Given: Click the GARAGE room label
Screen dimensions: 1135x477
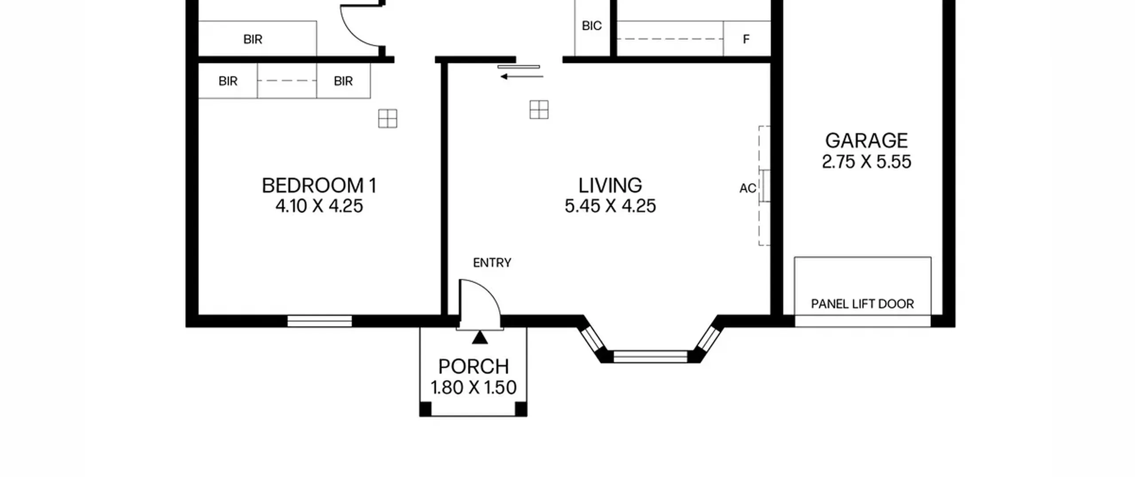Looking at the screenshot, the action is (x=866, y=141).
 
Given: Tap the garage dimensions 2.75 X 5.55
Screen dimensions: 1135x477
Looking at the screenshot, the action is (x=866, y=162).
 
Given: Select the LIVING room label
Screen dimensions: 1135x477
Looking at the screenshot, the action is (x=610, y=185).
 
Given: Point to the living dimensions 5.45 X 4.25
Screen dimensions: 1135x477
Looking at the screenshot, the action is (x=610, y=206).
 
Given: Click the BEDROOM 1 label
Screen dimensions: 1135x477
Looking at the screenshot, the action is (x=319, y=185).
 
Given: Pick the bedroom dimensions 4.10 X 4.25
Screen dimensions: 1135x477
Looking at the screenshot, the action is (x=319, y=206).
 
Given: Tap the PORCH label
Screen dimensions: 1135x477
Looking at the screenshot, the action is (x=474, y=367).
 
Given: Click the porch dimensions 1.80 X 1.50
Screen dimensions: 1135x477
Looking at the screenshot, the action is (x=474, y=387).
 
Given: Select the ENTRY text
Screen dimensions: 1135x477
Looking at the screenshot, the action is (x=492, y=263).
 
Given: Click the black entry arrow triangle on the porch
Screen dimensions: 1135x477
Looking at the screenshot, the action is (x=480, y=339).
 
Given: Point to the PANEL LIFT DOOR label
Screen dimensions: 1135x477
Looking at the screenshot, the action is (x=862, y=304).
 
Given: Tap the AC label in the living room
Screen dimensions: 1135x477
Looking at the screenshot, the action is (x=748, y=189).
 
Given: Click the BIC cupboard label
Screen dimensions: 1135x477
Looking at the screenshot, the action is (x=592, y=26).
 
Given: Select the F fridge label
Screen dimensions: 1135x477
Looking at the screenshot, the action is (x=746, y=39).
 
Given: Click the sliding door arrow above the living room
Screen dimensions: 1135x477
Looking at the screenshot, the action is (x=522, y=77).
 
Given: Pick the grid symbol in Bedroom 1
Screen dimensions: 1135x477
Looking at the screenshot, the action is (x=387, y=118).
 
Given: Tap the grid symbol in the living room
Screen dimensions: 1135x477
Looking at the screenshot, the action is (x=539, y=110).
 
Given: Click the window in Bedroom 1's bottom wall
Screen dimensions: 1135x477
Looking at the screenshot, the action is (x=320, y=321).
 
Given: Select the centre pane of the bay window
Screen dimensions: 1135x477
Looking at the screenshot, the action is (x=650, y=356).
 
